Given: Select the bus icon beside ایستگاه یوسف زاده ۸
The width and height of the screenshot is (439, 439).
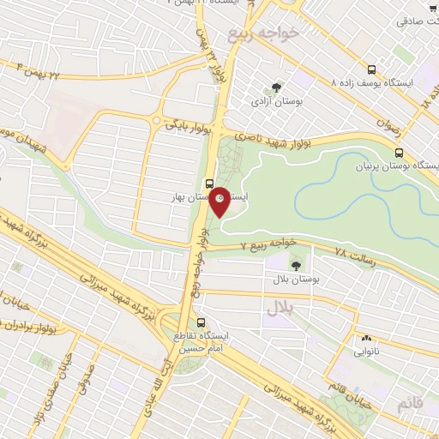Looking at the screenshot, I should tap(370, 69).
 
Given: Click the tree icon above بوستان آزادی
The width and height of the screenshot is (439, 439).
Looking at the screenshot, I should tap(275, 87).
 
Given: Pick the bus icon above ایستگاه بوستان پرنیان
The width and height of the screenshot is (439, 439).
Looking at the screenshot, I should tap(397, 152).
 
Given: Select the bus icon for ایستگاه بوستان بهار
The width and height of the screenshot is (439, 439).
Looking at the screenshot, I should tap(209, 183).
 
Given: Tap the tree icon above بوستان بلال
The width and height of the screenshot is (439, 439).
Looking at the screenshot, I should tap(297, 265).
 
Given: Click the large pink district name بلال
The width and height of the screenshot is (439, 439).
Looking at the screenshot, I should tap(279, 306).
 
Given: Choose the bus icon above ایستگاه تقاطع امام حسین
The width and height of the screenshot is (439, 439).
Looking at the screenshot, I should tap(201, 322).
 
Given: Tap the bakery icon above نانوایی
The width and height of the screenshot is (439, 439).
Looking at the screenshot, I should tap(367, 338).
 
